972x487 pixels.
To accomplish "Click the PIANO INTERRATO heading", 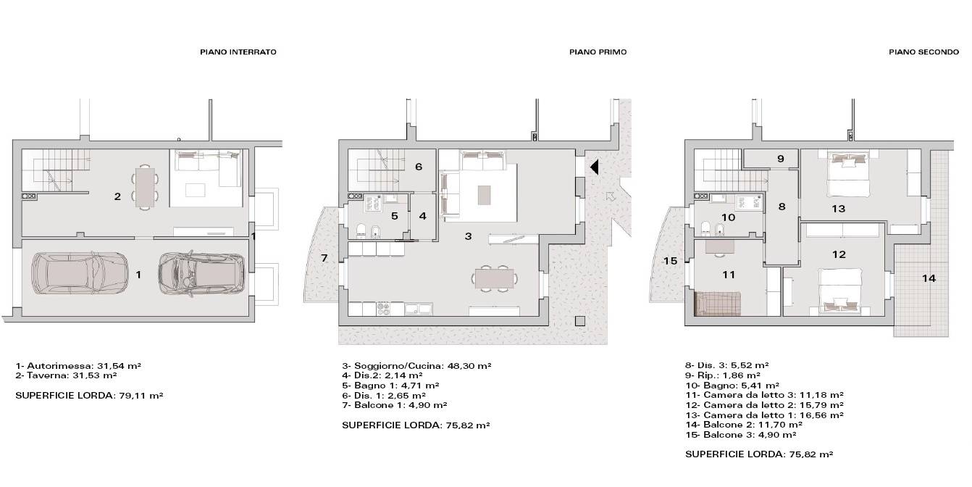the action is (238, 52).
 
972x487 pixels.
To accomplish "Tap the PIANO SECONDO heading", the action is (923, 52).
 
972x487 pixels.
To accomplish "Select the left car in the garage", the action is (80, 274).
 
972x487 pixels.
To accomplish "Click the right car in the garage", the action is (201, 274).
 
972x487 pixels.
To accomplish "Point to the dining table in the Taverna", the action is (145, 187).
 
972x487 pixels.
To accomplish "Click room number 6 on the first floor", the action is (419, 167).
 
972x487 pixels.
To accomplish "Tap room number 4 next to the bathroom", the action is (423, 216).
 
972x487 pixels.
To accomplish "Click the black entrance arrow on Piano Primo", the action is (595, 167).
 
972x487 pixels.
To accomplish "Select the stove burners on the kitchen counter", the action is (384, 309).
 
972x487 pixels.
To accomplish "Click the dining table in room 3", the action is (495, 279).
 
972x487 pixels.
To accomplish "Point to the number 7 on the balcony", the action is (324, 258).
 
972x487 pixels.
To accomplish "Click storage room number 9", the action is (781, 159).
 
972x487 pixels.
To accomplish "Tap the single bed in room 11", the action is (718, 304).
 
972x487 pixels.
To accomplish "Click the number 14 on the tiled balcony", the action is (929, 278).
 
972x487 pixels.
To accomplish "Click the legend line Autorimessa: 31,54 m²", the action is (78, 365).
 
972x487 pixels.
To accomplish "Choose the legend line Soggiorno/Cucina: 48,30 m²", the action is (416, 366).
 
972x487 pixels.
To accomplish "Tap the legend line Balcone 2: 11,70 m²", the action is (744, 425).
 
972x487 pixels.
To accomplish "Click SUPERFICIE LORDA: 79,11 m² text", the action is (89, 396).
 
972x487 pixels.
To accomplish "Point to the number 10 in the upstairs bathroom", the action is (728, 217).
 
